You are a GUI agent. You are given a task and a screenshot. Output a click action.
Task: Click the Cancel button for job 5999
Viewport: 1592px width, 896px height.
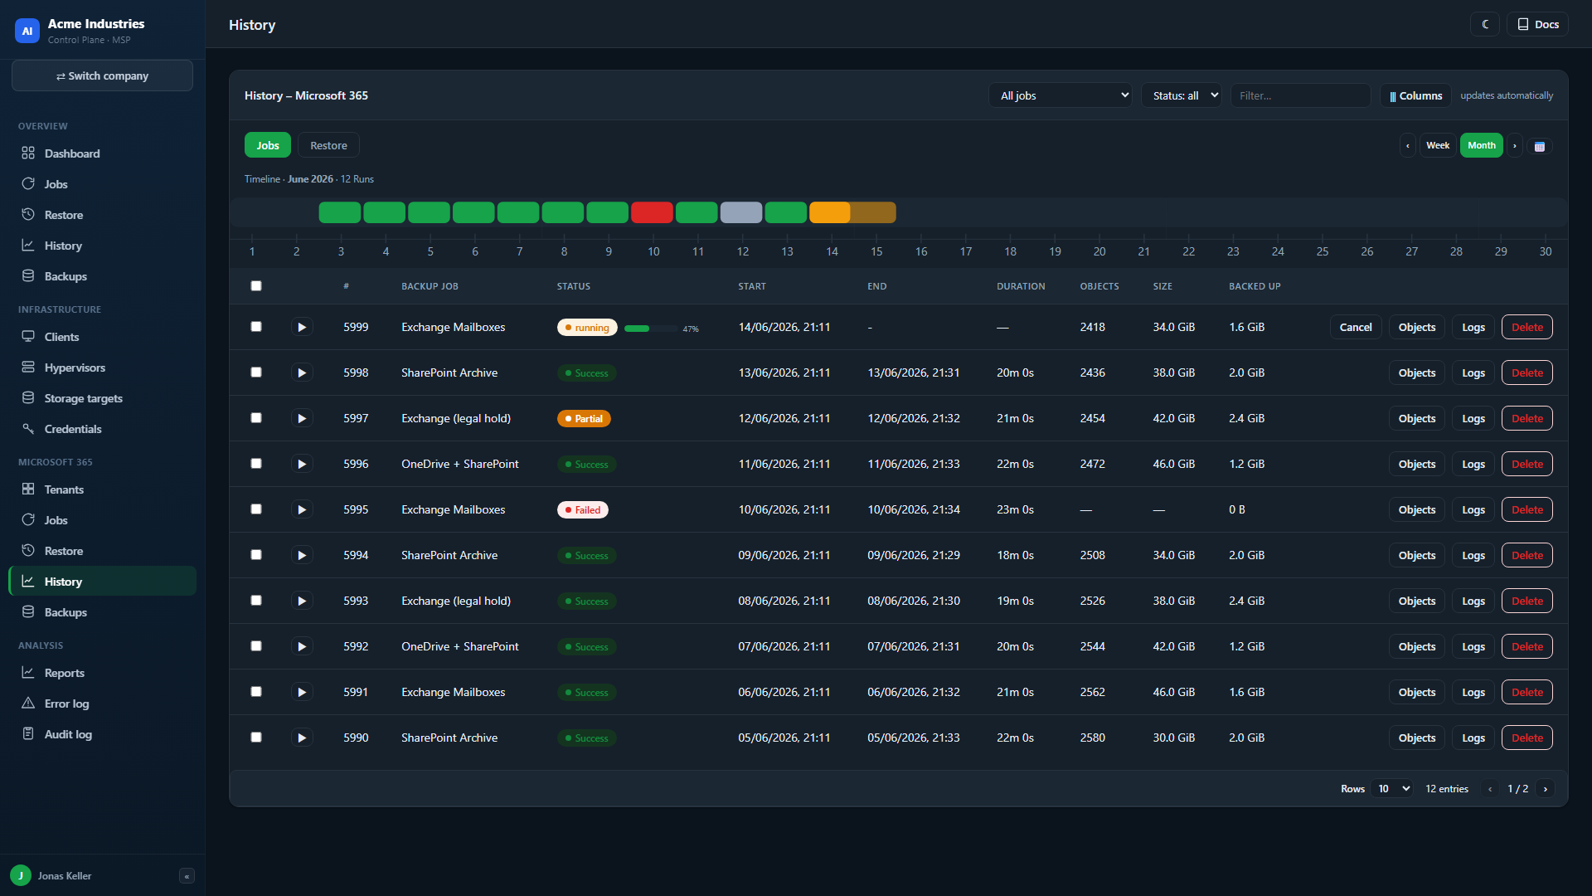[1356, 327]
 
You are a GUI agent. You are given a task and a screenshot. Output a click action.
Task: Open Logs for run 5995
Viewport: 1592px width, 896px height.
[1473, 509]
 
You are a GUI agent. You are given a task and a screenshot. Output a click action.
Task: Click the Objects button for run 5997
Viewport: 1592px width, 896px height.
[1417, 418]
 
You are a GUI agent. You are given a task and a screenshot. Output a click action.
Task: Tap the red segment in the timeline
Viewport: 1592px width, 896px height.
[652, 212]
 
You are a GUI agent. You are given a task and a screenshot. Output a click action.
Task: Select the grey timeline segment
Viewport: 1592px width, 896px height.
[741, 212]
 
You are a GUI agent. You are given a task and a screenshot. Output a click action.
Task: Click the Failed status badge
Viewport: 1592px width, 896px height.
[583, 509]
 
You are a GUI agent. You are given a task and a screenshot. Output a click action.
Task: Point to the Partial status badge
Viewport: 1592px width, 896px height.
[584, 418]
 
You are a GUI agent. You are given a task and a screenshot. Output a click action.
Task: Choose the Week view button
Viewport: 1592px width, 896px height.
[1438, 145]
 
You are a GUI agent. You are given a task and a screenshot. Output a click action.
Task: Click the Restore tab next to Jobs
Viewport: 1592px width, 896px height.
[328, 145]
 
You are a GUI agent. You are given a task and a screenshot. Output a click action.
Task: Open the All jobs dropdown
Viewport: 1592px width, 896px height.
[1061, 95]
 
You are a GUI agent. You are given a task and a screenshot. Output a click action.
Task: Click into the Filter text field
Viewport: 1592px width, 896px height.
[1300, 95]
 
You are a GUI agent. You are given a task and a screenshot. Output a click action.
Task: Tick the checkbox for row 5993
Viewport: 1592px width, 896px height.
[256, 601]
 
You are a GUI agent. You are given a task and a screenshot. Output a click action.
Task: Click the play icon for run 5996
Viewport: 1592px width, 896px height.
[302, 464]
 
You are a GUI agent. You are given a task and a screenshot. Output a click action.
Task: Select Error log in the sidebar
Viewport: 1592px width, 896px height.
[66, 704]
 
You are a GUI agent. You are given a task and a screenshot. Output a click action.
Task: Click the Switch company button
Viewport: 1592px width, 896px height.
[102, 75]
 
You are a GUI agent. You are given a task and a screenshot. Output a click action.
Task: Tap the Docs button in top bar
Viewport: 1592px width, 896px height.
[1538, 24]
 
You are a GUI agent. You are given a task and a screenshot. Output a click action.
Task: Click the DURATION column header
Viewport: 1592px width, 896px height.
[1021, 286]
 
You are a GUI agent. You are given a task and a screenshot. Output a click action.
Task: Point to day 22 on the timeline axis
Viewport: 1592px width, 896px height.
[1188, 251]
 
